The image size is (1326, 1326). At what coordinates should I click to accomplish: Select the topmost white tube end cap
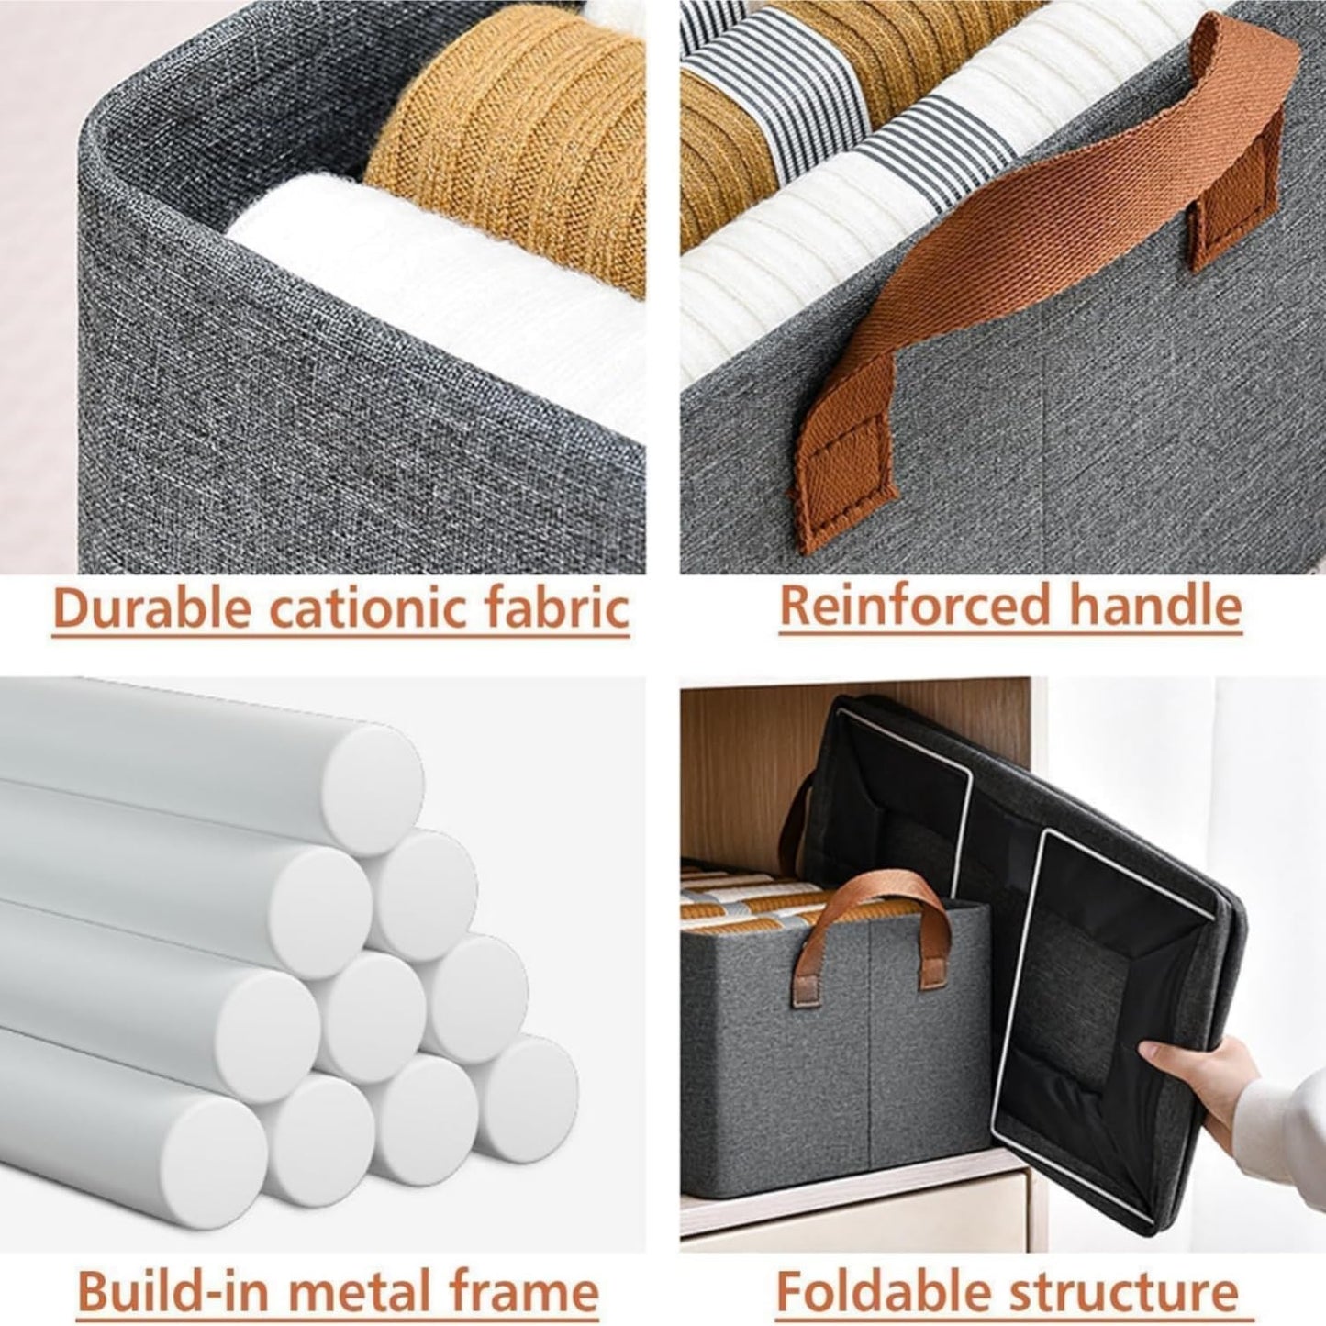coord(373,776)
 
